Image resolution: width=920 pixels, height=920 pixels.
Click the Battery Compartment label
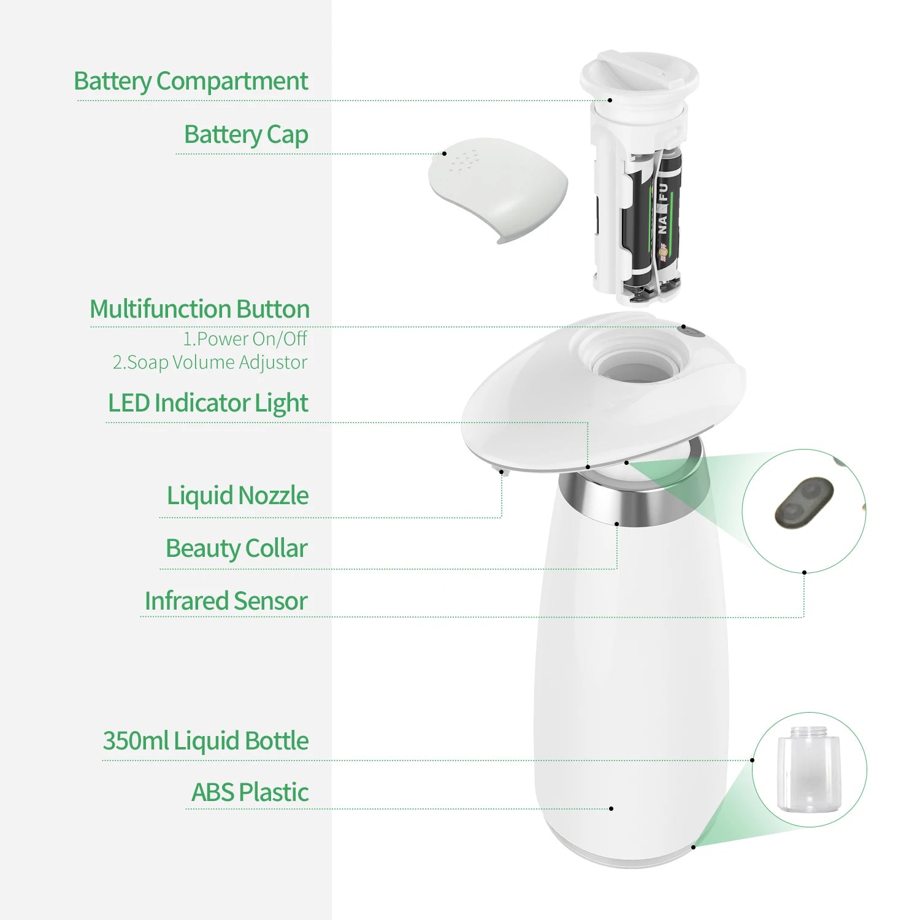[x=191, y=82]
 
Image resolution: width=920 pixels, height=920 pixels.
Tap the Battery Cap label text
[x=246, y=135]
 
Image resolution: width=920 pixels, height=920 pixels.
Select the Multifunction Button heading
[x=199, y=309]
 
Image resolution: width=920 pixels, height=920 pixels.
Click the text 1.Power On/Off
[x=245, y=339]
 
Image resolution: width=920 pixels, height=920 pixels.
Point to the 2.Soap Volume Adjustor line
[x=210, y=362]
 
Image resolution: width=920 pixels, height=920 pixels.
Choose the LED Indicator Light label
[x=208, y=404]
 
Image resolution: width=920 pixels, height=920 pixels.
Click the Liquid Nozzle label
[x=237, y=496]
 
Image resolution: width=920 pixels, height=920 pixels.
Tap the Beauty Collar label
[x=236, y=548]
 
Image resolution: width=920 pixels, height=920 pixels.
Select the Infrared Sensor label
[x=226, y=601]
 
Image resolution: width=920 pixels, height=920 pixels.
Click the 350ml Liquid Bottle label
[x=205, y=741]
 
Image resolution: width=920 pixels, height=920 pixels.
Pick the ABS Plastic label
[x=250, y=792]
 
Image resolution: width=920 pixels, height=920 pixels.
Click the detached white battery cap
[x=498, y=188]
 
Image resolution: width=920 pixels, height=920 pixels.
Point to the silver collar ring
[x=635, y=500]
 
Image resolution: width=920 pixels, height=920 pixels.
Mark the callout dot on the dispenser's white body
[x=611, y=808]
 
